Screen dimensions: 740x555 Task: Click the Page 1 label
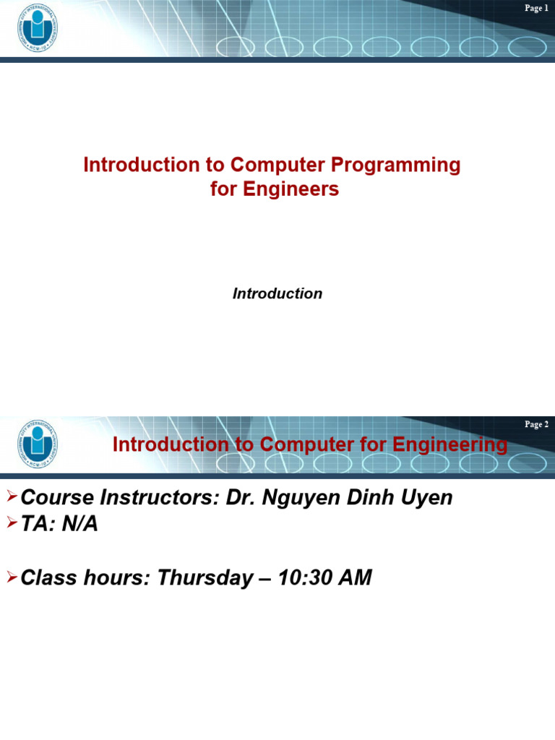pos(536,8)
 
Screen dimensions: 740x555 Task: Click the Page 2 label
pos(536,424)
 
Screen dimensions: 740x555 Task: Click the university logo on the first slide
pos(38,28)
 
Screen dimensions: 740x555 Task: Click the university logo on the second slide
pos(38,443)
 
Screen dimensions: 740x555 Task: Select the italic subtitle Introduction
pos(277,293)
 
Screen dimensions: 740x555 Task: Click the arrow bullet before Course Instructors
pos(12,496)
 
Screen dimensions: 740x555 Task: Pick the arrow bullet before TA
pos(12,523)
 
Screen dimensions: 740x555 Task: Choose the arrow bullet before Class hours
pos(12,576)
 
